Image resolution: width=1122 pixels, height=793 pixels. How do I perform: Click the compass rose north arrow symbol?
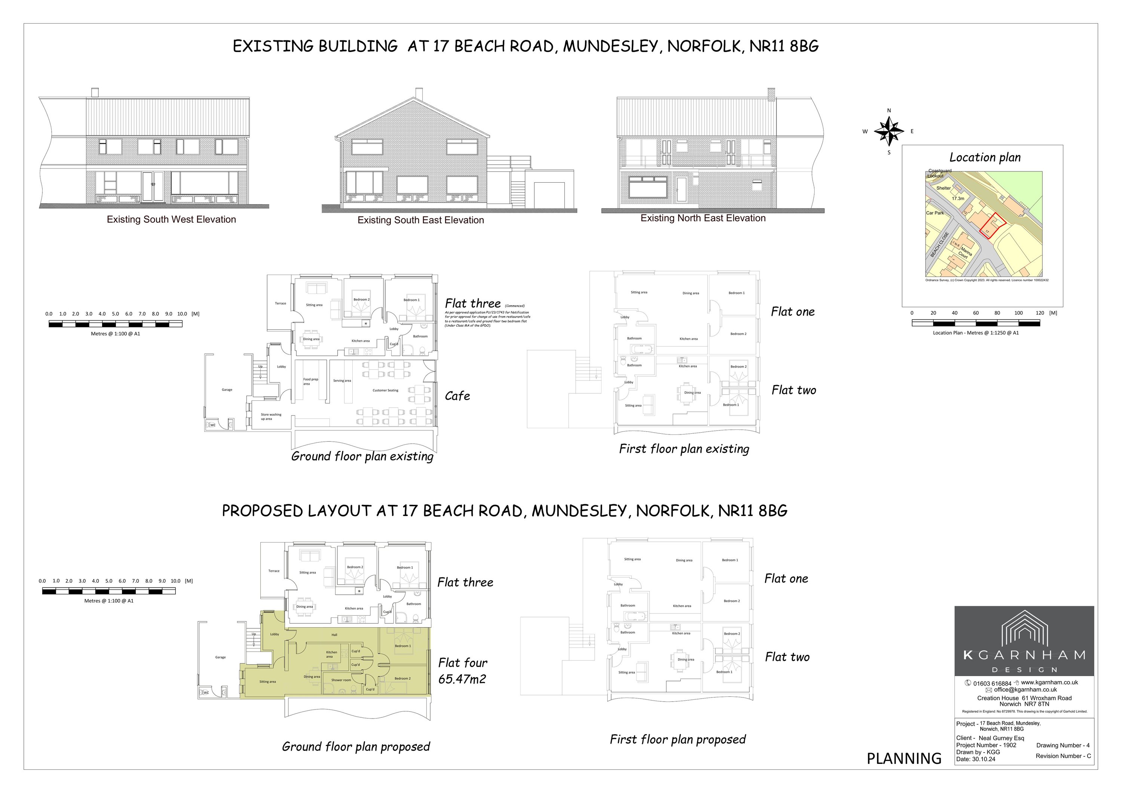(889, 131)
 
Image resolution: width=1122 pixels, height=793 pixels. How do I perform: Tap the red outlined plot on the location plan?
(987, 226)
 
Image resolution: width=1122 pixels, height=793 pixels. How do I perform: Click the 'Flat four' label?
(462, 662)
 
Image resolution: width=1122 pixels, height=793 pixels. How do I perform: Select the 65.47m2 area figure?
(462, 679)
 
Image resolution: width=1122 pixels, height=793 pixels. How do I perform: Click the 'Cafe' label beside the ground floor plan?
(457, 396)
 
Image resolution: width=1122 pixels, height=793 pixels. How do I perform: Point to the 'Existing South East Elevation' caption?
(420, 220)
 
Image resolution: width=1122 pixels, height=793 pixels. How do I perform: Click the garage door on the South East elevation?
(549, 195)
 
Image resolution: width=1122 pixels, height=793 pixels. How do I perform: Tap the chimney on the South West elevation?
(95, 92)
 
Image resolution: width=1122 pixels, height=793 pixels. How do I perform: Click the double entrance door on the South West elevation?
(153, 186)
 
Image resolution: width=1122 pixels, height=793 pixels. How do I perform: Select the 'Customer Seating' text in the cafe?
(385, 390)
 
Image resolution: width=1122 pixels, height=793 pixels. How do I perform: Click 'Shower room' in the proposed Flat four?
(341, 680)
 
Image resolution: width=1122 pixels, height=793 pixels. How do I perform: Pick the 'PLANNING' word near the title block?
(904, 758)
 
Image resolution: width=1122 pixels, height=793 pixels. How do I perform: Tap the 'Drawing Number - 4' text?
(1063, 745)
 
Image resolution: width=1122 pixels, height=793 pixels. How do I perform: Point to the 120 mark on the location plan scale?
(1039, 313)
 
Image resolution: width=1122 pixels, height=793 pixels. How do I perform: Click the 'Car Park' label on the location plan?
(935, 213)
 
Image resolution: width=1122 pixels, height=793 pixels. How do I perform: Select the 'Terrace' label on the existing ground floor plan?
(280, 303)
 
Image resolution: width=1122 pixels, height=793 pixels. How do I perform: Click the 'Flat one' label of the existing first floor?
(792, 312)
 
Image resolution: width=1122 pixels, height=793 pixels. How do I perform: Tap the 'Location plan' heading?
(985, 158)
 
